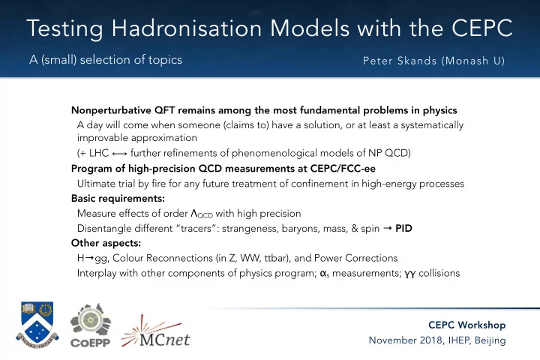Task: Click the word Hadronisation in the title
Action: (187, 28)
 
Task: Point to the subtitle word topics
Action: (165, 60)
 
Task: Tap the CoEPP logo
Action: (91, 325)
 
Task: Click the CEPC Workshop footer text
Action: (467, 325)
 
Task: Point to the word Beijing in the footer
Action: (490, 340)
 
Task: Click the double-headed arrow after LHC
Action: (119, 154)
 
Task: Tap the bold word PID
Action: (403, 229)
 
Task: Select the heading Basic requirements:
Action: (118, 199)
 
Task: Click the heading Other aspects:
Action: (106, 243)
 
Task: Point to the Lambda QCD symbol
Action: (202, 214)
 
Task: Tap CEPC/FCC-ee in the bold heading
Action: (343, 169)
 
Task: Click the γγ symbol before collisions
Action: (409, 274)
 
